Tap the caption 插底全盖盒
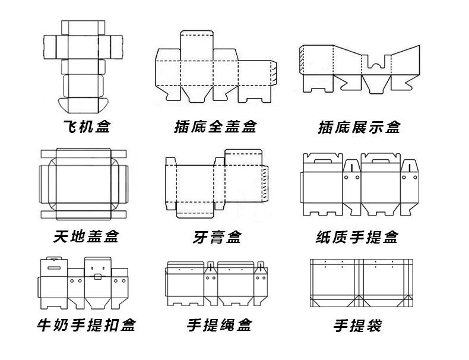(x=215, y=127)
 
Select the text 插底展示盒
(x=359, y=127)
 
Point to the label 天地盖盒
(x=86, y=237)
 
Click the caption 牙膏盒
(x=217, y=237)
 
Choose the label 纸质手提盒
(x=357, y=237)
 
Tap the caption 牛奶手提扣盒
(x=86, y=325)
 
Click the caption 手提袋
(x=357, y=325)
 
